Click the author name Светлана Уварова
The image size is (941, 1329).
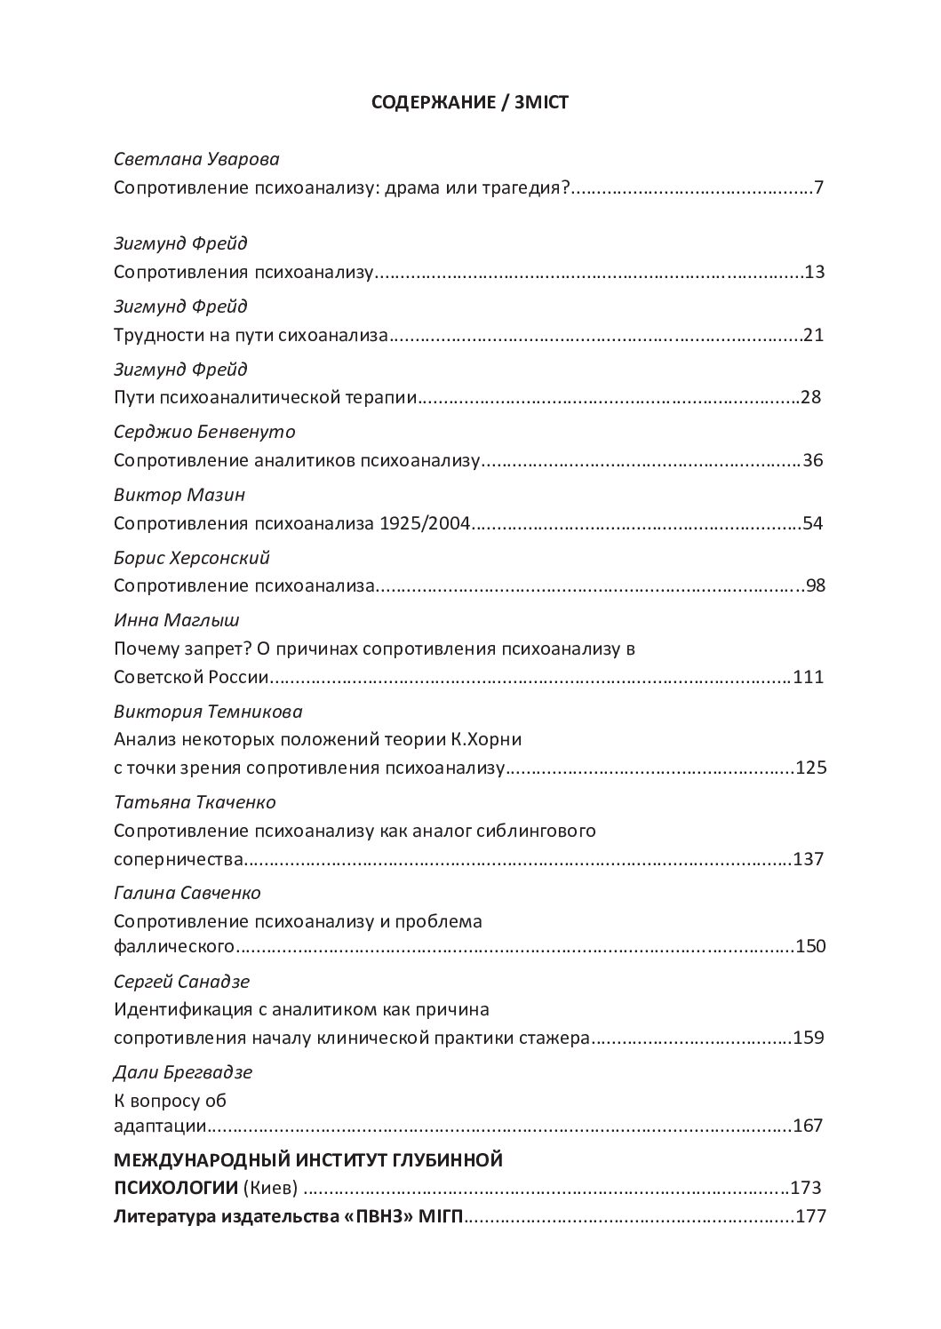(x=197, y=159)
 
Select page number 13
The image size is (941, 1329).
(x=815, y=272)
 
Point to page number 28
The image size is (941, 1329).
(x=810, y=397)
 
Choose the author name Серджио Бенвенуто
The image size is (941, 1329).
(x=204, y=432)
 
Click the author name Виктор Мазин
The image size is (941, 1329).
(x=179, y=495)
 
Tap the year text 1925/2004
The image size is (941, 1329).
(x=424, y=524)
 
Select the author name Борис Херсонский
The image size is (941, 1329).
(x=192, y=558)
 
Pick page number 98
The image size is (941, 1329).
(x=816, y=586)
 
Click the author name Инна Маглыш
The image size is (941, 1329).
(x=177, y=620)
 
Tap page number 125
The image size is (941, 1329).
(x=811, y=768)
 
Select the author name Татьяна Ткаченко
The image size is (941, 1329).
(x=195, y=802)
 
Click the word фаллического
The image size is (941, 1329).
(x=174, y=946)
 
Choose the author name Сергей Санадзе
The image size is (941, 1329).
(x=182, y=982)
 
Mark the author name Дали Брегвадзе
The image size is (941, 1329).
(x=183, y=1072)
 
